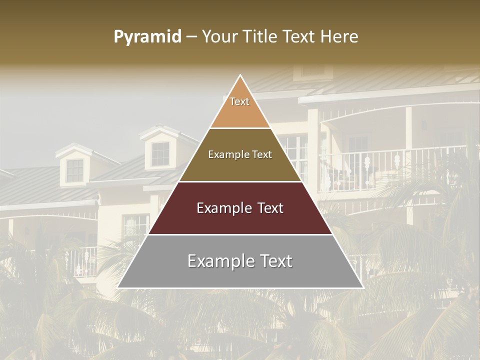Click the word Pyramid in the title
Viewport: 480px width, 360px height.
click(147, 37)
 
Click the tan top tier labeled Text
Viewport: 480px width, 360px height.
click(240, 107)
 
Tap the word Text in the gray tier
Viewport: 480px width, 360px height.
click(272, 261)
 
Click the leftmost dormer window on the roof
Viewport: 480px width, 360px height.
click(75, 170)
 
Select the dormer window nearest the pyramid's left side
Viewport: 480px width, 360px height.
click(160, 154)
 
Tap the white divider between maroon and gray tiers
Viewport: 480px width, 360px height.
click(240, 234)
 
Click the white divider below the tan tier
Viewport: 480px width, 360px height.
click(240, 128)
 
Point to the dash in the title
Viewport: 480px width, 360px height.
click(191, 37)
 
